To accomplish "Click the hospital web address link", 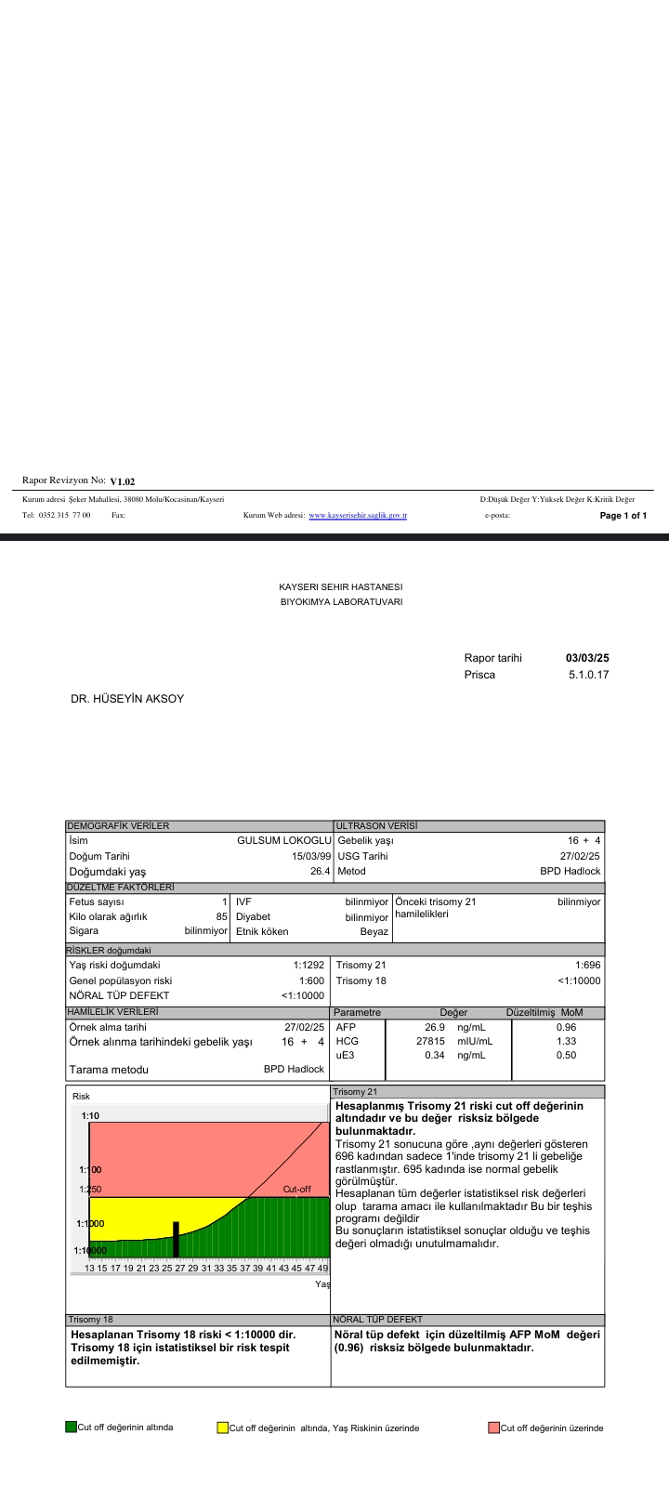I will point(358,515).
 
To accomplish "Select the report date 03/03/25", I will point(587,658).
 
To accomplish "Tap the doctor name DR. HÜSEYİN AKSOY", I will point(127,698).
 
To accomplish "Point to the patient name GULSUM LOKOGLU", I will point(284,840).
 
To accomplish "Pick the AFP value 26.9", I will point(435,1027).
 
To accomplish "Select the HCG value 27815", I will point(430,1041).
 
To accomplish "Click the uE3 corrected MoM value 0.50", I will point(566,1055).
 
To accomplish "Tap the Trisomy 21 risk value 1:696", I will point(588,965).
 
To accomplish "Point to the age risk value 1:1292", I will point(308,965).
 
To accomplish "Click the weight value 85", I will point(221,916).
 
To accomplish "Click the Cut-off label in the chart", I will point(296,1189).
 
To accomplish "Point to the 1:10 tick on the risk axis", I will point(90,1115).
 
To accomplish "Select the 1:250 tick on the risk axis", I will point(90,1189).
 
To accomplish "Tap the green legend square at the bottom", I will point(71,1427).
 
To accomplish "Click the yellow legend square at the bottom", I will point(222,1428).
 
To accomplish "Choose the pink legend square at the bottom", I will point(493,1428).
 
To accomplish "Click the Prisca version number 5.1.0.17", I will point(588,674).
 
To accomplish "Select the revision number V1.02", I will point(123,481).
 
